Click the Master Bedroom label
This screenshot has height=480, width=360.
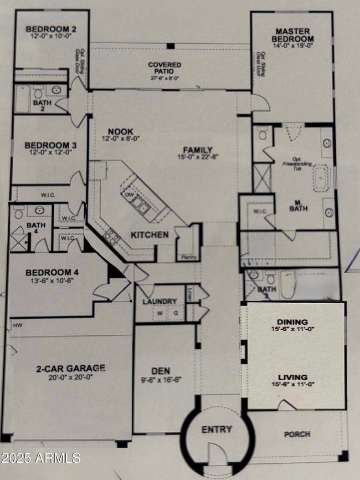point(292,35)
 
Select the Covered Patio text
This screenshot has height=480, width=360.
point(164,68)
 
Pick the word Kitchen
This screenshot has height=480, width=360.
point(150,235)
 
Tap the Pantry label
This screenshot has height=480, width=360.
point(184,257)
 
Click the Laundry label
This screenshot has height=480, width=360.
point(160,302)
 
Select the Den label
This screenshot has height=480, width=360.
point(161,370)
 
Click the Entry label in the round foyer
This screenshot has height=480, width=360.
point(217,430)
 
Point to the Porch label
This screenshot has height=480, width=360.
point(297,434)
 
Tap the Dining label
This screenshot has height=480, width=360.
point(293,322)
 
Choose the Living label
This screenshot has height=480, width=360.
point(293,377)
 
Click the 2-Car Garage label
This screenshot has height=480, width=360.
point(71,367)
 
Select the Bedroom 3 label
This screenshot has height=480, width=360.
point(50,145)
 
